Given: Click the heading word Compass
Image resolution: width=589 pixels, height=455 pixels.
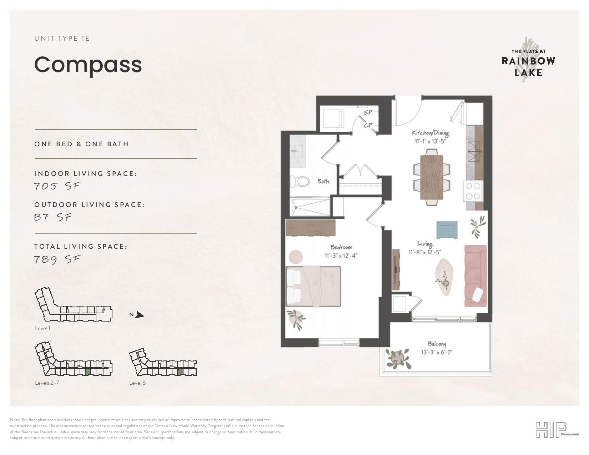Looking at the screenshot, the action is [x=88, y=65].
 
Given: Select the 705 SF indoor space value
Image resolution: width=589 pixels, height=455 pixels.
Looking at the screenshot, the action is [x=57, y=186].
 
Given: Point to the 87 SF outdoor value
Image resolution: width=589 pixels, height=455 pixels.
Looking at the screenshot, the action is [x=54, y=217].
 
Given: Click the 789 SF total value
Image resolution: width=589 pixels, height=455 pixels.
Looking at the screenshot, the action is [x=57, y=259].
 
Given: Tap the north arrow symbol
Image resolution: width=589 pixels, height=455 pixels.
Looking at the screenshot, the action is [x=140, y=315].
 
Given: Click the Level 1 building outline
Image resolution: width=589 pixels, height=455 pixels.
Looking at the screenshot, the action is [x=74, y=305].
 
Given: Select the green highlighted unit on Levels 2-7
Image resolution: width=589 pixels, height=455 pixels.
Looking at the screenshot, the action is [x=88, y=372].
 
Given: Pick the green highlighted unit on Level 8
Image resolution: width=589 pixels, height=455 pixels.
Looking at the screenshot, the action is [x=180, y=372].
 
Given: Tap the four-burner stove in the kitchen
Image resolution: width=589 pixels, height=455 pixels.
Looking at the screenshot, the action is [x=473, y=191].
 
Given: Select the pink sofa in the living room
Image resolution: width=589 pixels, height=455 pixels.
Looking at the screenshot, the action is [x=475, y=276].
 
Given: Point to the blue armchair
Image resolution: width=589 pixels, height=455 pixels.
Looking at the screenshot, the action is [x=447, y=230].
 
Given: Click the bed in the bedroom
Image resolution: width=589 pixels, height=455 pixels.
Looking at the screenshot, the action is [x=313, y=287].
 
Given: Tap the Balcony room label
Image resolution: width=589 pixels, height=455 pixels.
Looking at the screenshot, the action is [x=437, y=344].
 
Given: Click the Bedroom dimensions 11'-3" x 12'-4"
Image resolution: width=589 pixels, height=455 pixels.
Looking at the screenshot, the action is [x=341, y=256].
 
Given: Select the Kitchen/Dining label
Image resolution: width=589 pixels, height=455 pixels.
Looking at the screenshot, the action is [x=431, y=133].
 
